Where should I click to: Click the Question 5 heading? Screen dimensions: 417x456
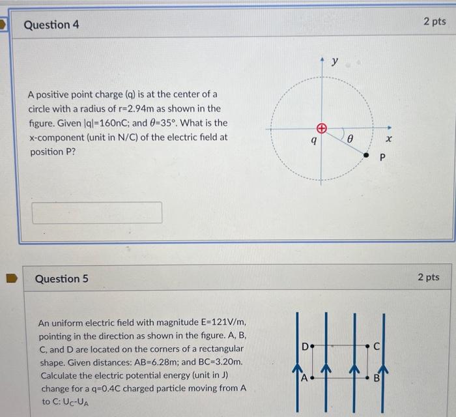click(61, 279)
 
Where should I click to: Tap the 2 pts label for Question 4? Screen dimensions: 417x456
click(435, 22)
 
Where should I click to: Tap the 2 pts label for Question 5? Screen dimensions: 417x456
click(428, 278)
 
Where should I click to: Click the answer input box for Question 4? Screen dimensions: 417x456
click(97, 212)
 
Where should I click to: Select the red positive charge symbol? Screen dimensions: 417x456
click(321, 128)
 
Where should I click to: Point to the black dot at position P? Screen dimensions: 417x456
click(367, 156)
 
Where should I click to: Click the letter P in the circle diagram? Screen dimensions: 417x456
click(383, 157)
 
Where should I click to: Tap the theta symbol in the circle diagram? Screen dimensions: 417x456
click(349, 139)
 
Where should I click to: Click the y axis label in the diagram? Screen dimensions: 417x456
click(335, 62)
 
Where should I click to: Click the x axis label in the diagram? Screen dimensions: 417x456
click(390, 139)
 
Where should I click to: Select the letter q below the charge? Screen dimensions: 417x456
click(315, 139)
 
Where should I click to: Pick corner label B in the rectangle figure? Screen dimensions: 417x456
click(376, 378)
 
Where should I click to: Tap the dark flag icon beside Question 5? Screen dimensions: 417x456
click(10, 279)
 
